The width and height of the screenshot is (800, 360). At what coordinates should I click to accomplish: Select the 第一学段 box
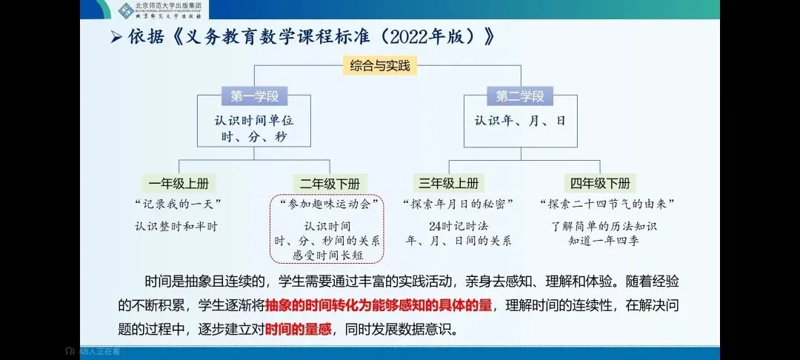pyautogui.click(x=254, y=97)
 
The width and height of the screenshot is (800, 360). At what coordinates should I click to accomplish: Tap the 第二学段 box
pyautogui.click(x=519, y=97)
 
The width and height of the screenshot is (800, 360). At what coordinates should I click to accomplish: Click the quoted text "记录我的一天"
pyautogui.click(x=179, y=204)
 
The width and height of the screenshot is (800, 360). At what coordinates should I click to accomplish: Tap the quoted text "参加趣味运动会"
pyautogui.click(x=327, y=204)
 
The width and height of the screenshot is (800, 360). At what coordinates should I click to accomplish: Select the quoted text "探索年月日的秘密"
pyautogui.click(x=458, y=204)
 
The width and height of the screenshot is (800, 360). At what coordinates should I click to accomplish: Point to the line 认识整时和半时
pyautogui.click(x=176, y=226)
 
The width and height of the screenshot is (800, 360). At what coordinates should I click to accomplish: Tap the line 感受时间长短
pyautogui.click(x=327, y=254)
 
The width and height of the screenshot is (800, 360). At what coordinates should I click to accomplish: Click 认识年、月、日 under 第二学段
pyautogui.click(x=520, y=120)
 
